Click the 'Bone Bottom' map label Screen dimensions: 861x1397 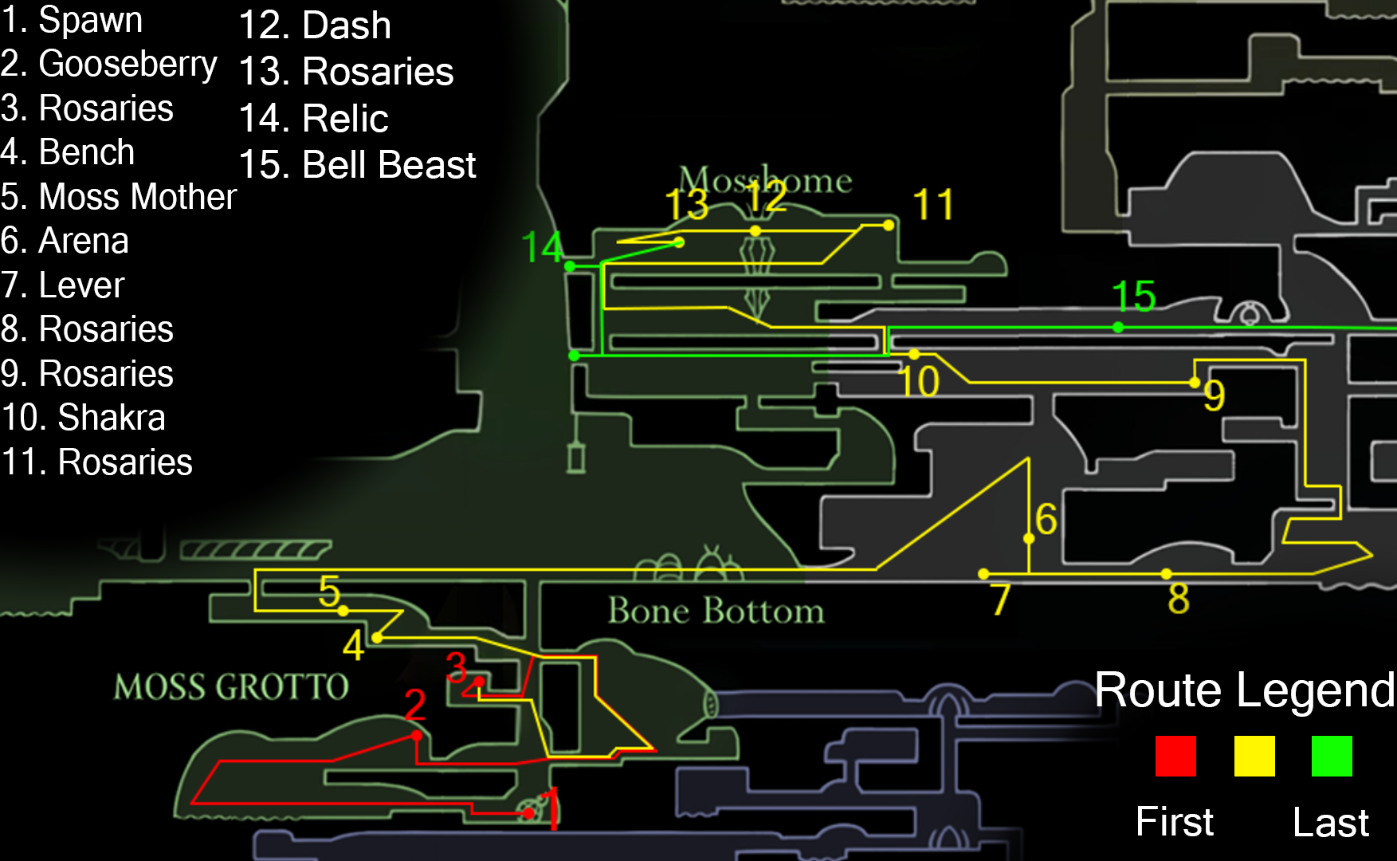point(716,611)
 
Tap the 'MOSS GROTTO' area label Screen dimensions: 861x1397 point(231,686)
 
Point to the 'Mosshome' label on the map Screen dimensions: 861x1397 point(765,180)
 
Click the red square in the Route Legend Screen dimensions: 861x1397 point(1175,756)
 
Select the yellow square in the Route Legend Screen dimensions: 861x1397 point(1254,756)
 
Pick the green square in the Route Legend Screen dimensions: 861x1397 point(1332,756)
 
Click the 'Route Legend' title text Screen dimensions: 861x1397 point(1244,690)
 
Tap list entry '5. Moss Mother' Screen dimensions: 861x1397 point(119,197)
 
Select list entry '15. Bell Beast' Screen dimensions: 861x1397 point(357,165)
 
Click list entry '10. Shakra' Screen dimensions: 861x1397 point(84,418)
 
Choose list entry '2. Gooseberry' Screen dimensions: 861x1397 point(109,64)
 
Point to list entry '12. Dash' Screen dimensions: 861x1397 point(315,26)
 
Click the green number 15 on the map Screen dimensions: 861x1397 point(1133,296)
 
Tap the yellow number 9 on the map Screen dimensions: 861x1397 point(1214,395)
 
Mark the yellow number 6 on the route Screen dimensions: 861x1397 point(1046,519)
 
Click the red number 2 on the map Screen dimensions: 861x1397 point(414,705)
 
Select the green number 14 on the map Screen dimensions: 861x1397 point(542,247)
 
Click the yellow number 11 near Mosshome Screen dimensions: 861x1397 point(932,205)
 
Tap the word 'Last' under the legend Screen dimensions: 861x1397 point(1330,822)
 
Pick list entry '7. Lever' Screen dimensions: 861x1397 point(63,285)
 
